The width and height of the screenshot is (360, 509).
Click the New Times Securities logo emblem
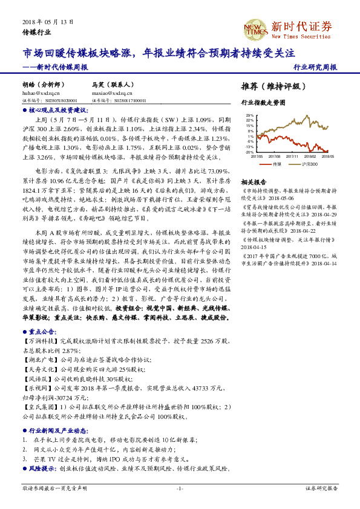[x=254, y=29]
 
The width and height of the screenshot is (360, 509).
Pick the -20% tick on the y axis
[x=249, y=152]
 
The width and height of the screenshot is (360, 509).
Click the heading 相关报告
[x=254, y=182]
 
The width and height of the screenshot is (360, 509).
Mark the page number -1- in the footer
[x=180, y=488]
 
